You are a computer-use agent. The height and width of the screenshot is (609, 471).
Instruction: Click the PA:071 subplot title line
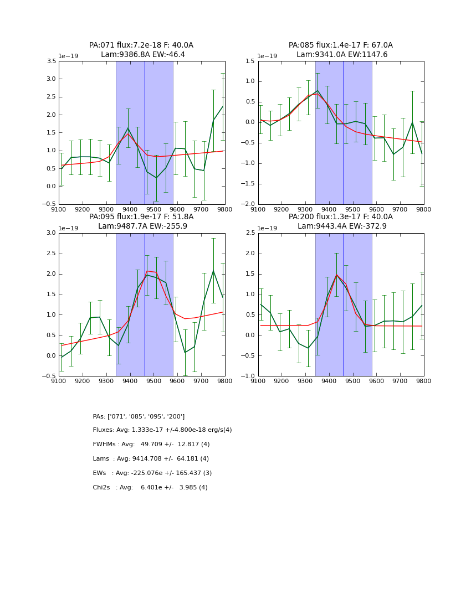(141, 45)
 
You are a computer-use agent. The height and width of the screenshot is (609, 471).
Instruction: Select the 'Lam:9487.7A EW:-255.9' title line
(142, 226)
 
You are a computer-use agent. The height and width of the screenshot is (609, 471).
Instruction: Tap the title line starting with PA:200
(341, 217)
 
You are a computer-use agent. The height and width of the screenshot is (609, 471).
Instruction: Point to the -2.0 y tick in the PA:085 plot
(249, 204)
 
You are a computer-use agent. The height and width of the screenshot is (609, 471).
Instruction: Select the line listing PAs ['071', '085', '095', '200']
(139, 416)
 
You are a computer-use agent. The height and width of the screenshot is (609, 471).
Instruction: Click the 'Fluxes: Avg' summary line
(162, 430)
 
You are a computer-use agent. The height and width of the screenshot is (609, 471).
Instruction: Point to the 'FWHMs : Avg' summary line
(151, 445)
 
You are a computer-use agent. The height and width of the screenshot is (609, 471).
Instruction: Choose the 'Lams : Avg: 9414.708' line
(151, 459)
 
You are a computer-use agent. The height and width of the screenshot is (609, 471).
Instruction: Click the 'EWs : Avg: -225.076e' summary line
(152, 473)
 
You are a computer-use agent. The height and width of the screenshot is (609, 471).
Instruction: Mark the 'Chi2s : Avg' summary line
(150, 488)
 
